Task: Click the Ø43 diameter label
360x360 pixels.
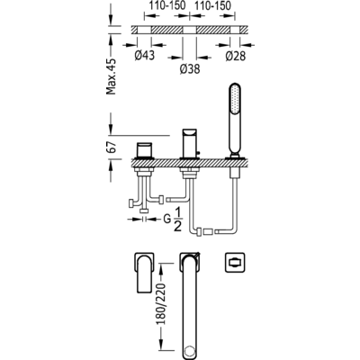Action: pos(145,55)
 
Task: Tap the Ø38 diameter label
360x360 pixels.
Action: pos(190,69)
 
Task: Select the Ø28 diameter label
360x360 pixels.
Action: pos(236,56)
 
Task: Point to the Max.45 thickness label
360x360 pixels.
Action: pos(112,76)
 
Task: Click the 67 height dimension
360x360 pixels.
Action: pos(112,148)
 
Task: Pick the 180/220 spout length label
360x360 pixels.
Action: pos(162,303)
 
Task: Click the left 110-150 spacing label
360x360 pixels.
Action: pos(167,5)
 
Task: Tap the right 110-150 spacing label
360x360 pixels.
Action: pos(212,5)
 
